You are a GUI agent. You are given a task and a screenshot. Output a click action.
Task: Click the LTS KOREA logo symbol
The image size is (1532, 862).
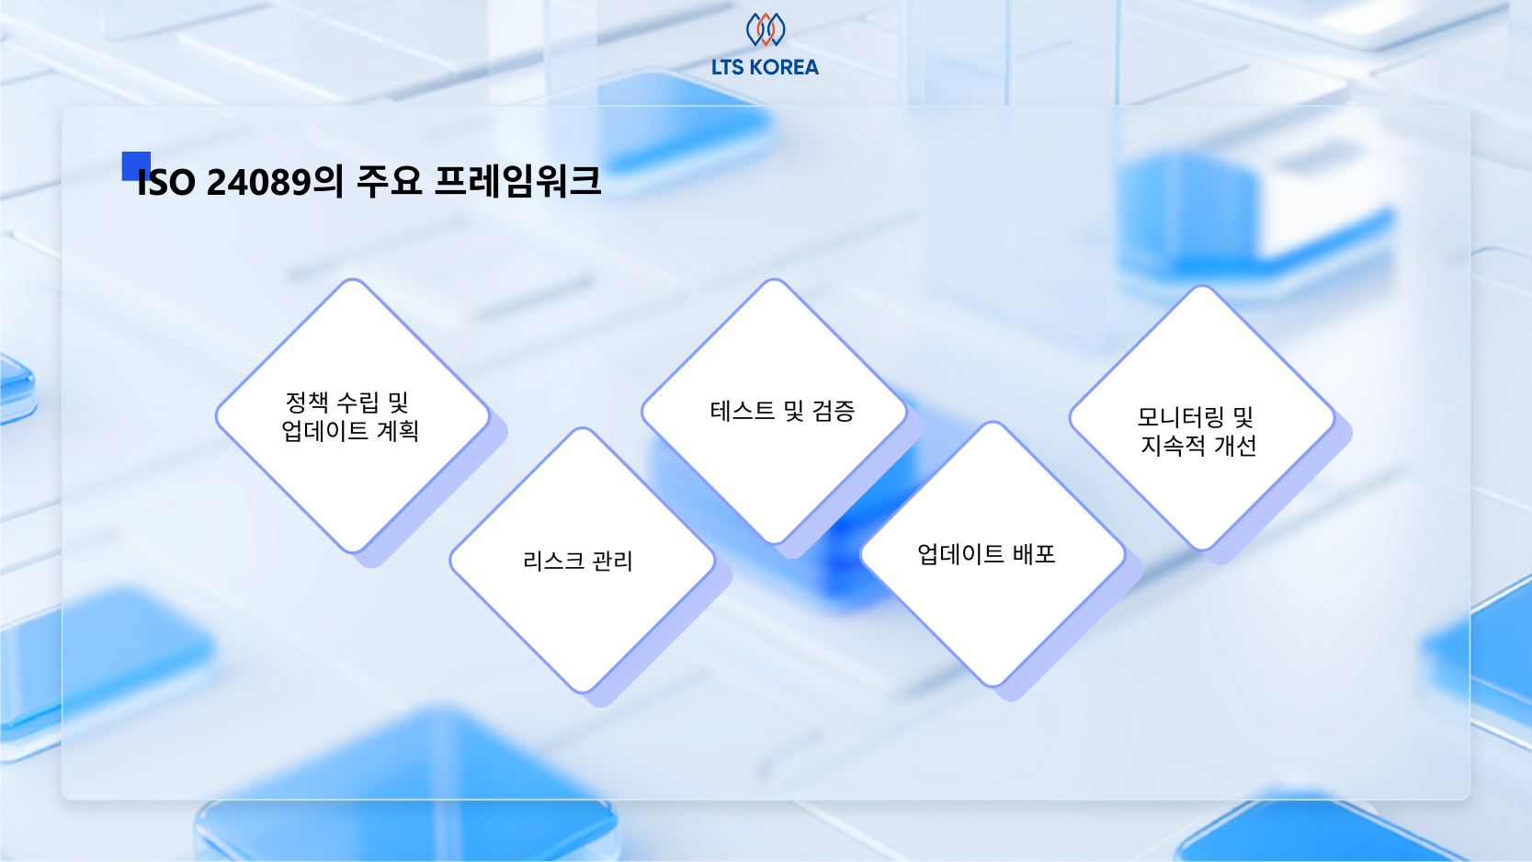tap(766, 29)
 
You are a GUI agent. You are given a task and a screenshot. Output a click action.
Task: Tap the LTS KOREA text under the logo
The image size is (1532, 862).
tap(765, 67)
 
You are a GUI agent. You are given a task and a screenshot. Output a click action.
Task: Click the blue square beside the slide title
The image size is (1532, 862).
tap(136, 166)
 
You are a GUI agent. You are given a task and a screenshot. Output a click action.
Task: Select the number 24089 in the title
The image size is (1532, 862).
tap(258, 182)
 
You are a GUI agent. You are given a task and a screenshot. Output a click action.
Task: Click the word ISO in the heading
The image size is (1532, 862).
tap(166, 183)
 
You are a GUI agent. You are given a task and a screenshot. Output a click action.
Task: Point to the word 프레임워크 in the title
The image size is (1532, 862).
tap(517, 181)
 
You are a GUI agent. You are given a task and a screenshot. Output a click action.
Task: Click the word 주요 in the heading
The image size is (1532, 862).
tap(389, 181)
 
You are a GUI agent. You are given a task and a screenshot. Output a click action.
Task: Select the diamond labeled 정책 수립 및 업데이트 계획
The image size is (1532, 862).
tap(353, 416)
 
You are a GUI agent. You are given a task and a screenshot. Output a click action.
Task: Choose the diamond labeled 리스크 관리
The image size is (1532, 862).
tap(583, 561)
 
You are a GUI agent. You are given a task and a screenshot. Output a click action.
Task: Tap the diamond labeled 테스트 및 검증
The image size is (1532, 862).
tap(774, 412)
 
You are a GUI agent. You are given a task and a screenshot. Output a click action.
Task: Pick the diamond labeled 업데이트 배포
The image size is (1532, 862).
tap(993, 554)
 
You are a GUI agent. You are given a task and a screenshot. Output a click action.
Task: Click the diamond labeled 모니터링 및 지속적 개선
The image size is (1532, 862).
tap(1202, 417)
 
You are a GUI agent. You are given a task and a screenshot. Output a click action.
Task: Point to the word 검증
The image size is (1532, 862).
tap(834, 411)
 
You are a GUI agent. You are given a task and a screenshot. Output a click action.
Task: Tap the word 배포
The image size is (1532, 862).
tap(1034, 553)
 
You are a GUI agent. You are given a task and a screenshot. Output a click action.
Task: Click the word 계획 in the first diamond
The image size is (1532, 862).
tap(397, 431)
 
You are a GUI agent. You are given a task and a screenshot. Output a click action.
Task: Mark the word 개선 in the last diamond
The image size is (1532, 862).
tap(1235, 446)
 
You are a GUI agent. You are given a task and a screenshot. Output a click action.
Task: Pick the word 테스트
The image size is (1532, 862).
tap(743, 411)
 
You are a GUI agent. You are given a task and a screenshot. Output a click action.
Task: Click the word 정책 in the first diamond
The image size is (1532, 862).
tap(307, 403)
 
